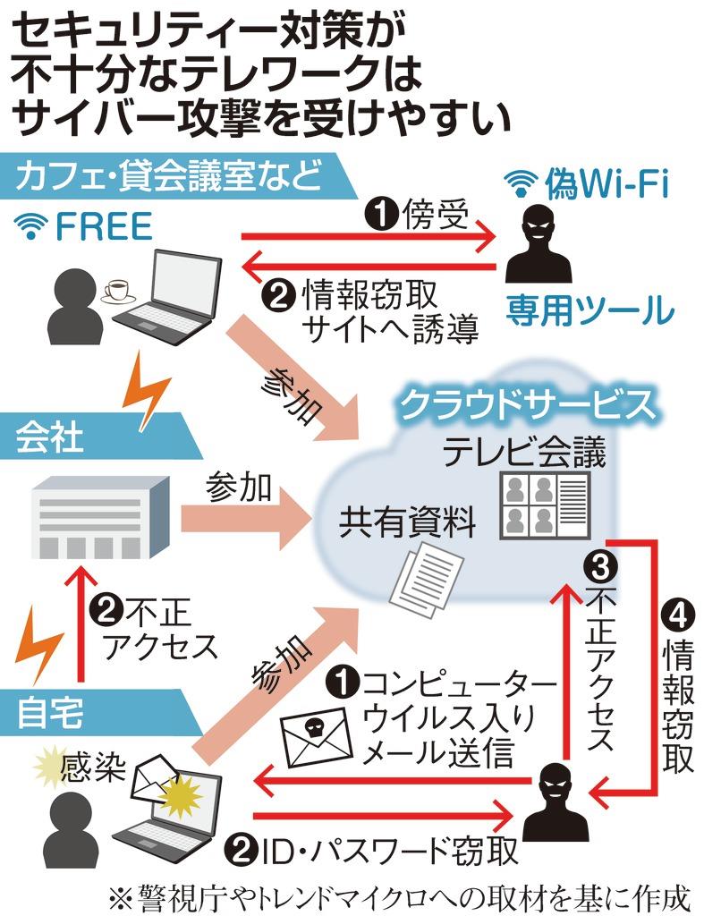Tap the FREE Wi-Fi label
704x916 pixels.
coord(85,227)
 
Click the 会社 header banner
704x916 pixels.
coord(54,436)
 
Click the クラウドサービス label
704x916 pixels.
coord(524,405)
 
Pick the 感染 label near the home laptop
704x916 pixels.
coord(89,768)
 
